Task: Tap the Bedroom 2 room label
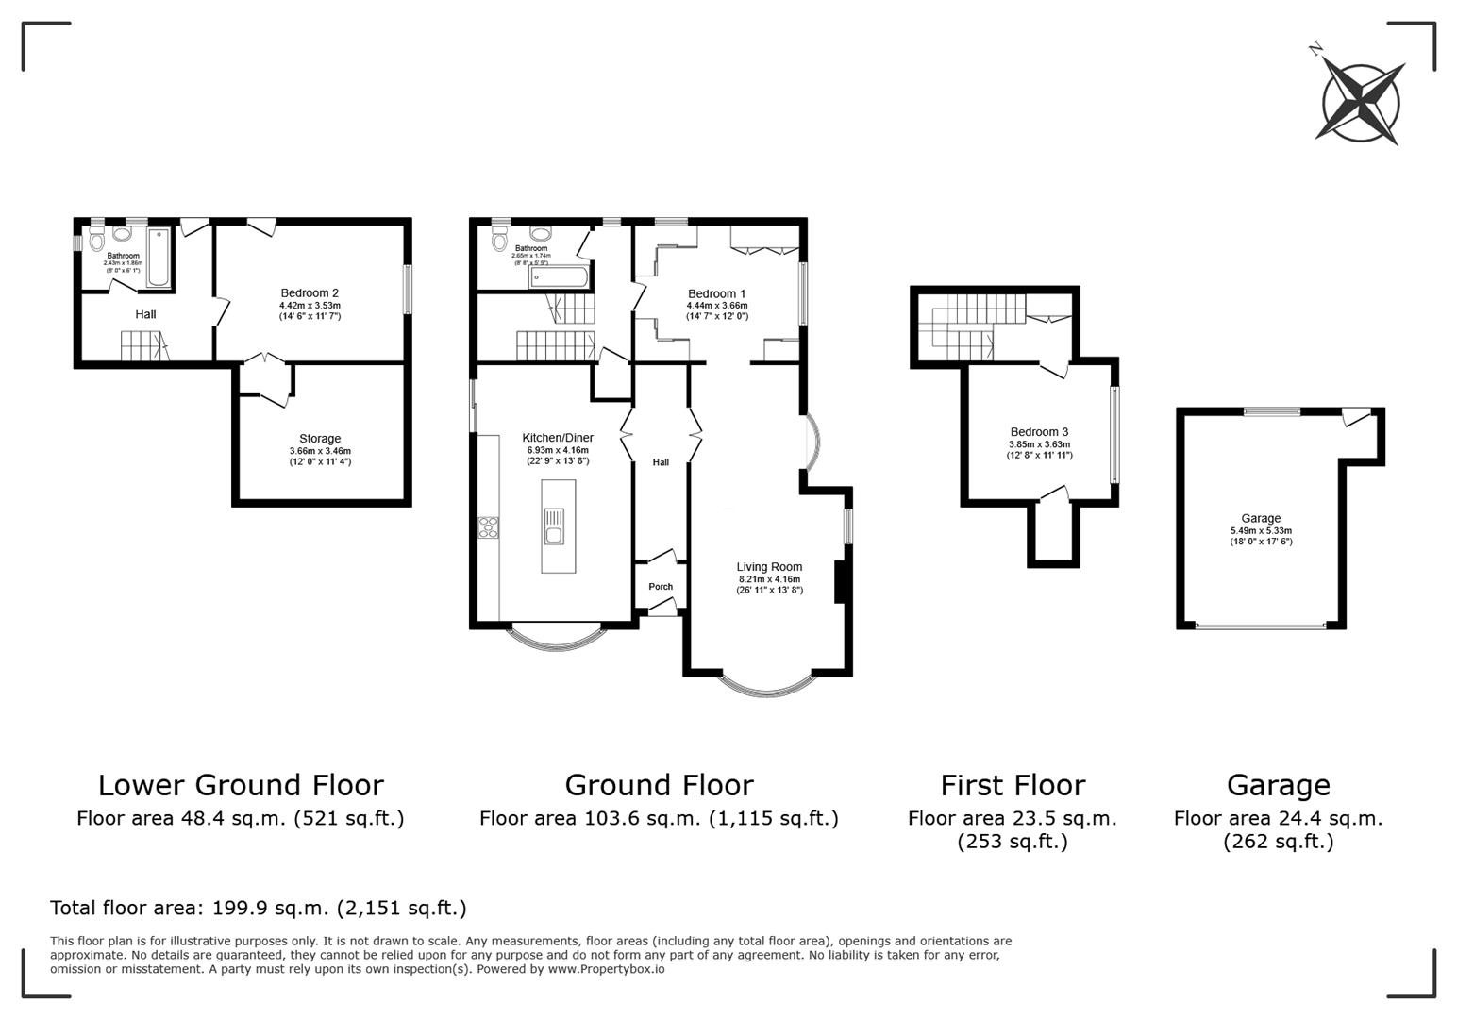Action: click(310, 293)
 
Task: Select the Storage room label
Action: click(320, 439)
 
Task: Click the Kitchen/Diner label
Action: click(558, 438)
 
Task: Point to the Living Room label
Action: click(769, 567)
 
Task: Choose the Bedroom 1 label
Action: click(717, 293)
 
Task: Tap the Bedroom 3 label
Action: click(1039, 432)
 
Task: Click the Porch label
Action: click(661, 587)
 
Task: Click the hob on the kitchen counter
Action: click(489, 527)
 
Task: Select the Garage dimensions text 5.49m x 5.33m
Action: click(1261, 530)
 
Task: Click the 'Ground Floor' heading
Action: click(659, 785)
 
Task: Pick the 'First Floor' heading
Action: click(1013, 785)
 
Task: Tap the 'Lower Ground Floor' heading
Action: click(241, 785)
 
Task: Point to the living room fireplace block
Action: click(839, 582)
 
